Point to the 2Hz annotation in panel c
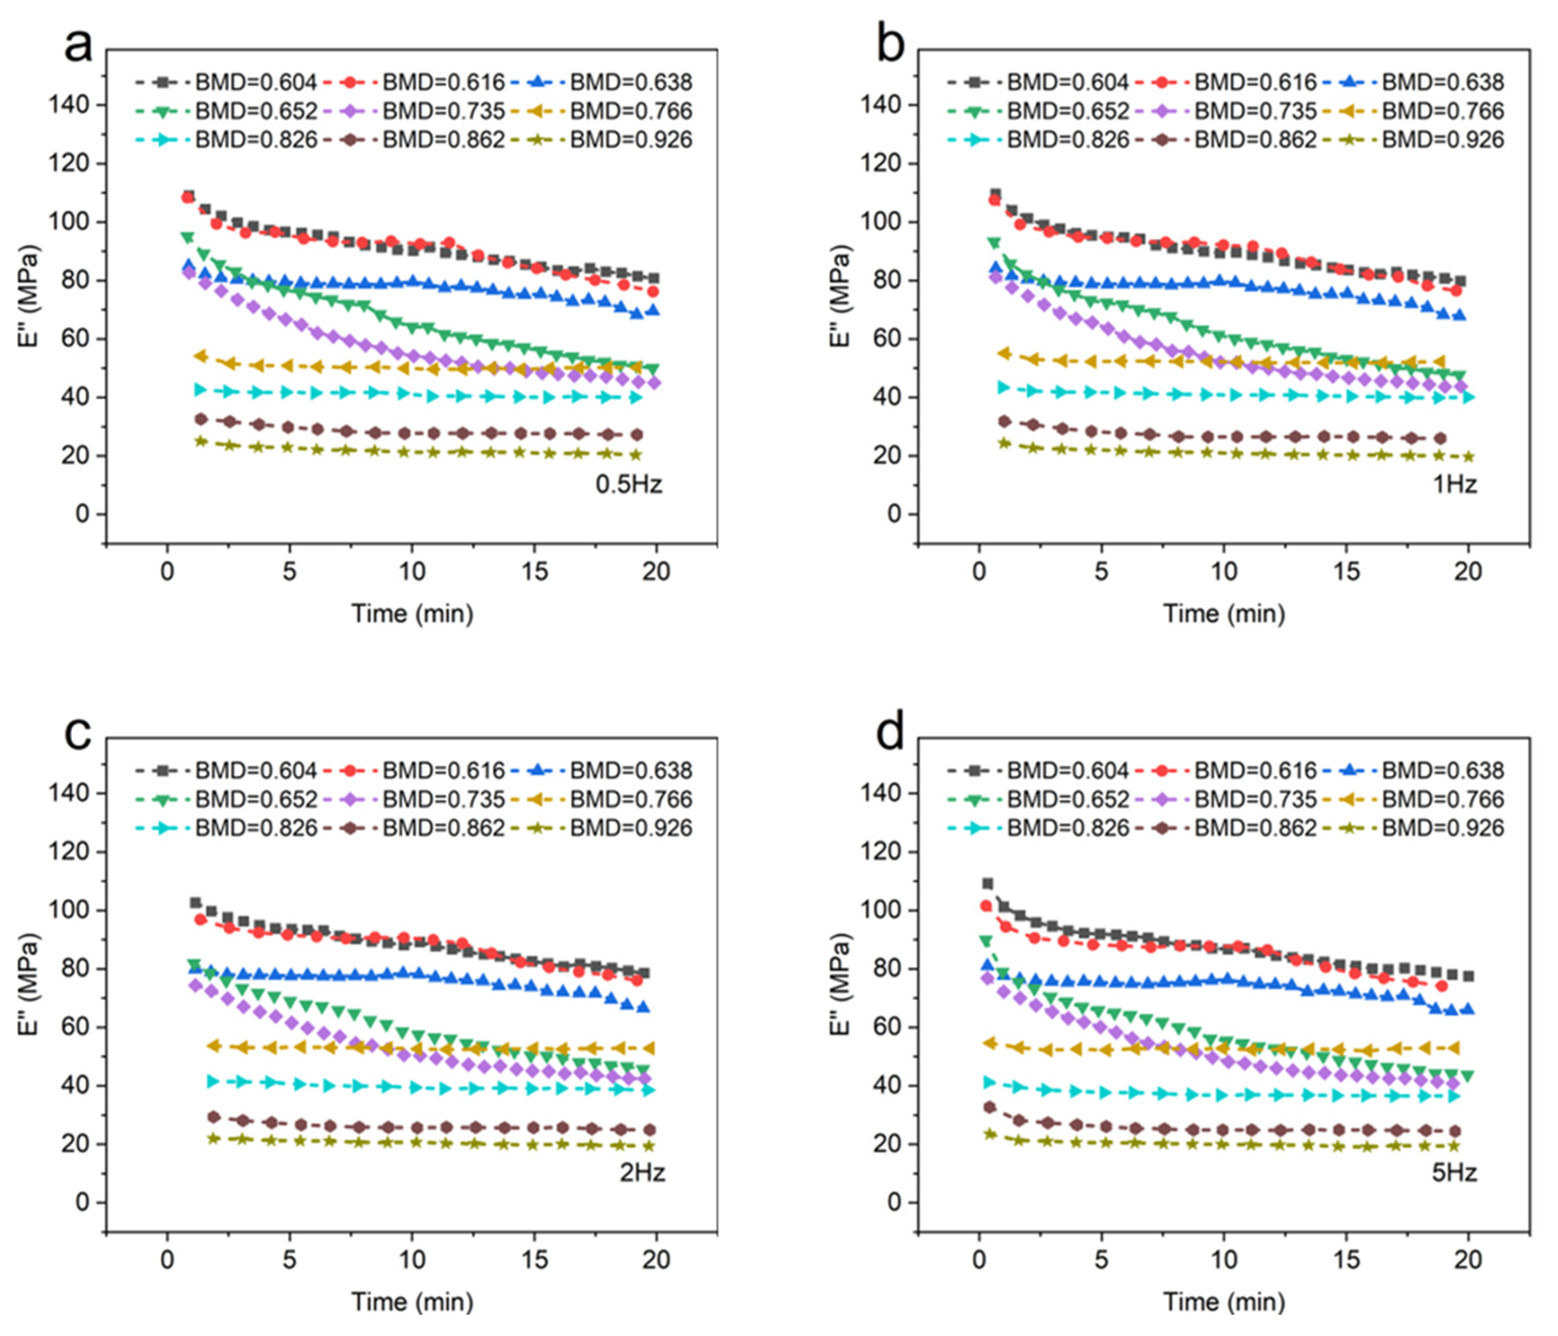tap(642, 1173)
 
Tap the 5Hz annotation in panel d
tap(1454, 1173)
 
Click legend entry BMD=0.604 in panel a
tap(226, 82)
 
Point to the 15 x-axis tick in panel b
tap(1346, 572)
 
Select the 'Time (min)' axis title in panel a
tap(412, 613)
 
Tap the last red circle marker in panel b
tap(1457, 290)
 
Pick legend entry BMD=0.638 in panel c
tap(601, 771)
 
